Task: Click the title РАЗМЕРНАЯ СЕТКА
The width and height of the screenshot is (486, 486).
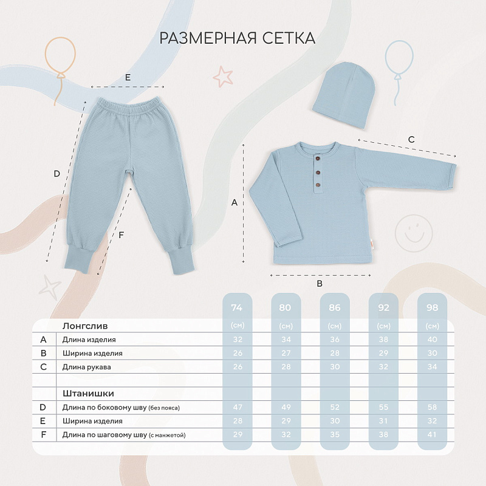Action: click(238, 38)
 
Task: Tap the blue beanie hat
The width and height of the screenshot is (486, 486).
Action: click(344, 94)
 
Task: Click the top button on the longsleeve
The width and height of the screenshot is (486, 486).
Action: click(317, 159)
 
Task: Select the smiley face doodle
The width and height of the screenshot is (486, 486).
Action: click(414, 233)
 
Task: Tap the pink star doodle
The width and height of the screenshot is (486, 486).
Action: click(223, 77)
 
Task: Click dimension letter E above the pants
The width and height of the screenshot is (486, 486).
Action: click(128, 78)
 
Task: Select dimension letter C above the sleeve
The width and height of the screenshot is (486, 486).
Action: click(411, 140)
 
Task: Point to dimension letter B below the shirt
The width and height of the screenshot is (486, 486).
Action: click(320, 284)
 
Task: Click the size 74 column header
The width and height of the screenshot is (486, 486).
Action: click(237, 307)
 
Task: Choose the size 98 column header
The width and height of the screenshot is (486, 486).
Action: click(432, 307)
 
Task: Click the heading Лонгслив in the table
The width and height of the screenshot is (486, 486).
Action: click(85, 326)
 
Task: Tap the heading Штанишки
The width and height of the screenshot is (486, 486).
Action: click(88, 393)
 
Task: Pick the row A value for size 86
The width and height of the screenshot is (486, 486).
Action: click(335, 340)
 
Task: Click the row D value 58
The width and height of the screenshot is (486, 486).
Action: click(432, 407)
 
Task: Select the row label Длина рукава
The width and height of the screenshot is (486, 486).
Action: click(86, 367)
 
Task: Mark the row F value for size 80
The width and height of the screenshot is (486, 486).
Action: click(286, 434)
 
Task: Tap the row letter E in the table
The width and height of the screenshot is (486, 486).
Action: click(43, 421)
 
